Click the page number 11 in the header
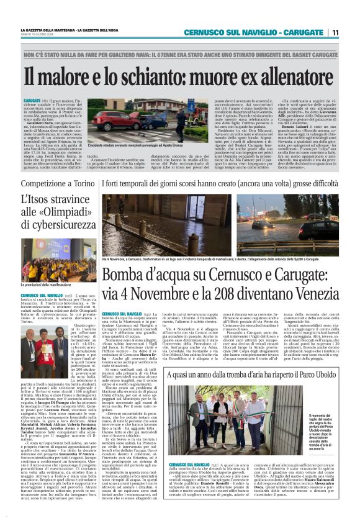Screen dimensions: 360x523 click(335, 32)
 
